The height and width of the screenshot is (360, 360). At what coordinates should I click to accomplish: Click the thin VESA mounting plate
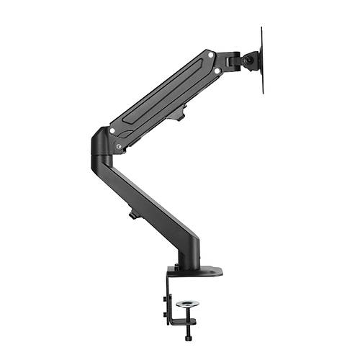pyautogui.click(x=261, y=60)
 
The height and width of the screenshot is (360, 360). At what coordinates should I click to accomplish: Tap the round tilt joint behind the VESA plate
pyautogui.click(x=249, y=61)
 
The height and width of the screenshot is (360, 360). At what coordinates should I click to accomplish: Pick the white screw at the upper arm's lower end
pyautogui.click(x=112, y=130)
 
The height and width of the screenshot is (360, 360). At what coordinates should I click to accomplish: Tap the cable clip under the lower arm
pyautogui.click(x=134, y=214)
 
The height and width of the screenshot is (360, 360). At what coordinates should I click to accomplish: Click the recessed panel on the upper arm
pyautogui.click(x=162, y=94)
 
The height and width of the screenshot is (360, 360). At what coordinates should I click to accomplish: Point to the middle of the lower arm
pyautogui.click(x=148, y=209)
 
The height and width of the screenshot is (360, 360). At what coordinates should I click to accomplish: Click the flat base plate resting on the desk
pyautogui.click(x=194, y=271)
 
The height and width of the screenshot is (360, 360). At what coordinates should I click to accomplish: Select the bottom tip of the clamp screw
pyautogui.click(x=188, y=339)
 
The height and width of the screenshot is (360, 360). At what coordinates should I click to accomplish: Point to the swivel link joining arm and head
pyautogui.click(x=230, y=61)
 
